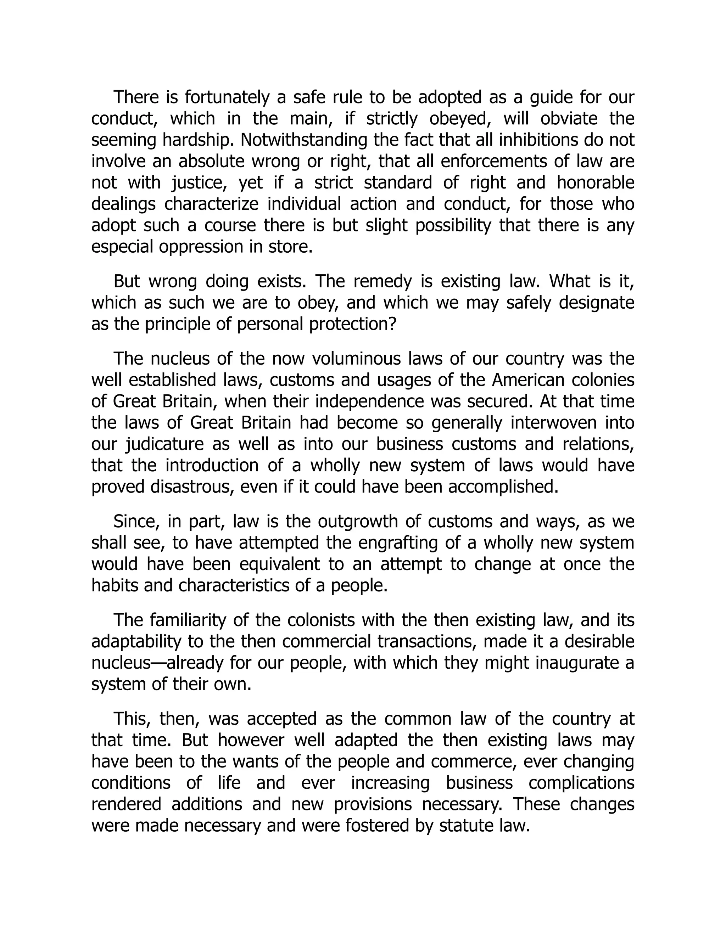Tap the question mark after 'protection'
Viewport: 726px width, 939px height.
pyautogui.click(x=391, y=324)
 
